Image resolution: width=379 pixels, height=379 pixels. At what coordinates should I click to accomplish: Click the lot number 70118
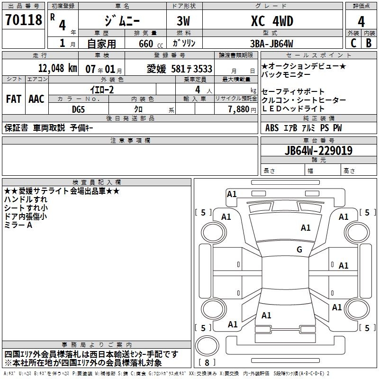(23, 20)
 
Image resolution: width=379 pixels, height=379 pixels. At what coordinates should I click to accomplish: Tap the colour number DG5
(79, 109)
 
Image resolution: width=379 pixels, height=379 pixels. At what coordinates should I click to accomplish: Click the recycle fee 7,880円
(242, 109)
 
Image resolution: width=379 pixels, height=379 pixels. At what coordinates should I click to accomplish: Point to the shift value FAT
(14, 99)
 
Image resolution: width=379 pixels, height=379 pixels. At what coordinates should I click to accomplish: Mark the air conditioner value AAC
(36, 99)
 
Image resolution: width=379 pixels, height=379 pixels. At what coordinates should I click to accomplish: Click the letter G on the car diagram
(299, 250)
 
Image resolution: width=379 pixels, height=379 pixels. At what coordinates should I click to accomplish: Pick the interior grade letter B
(368, 43)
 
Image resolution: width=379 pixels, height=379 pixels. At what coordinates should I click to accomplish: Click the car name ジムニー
(121, 21)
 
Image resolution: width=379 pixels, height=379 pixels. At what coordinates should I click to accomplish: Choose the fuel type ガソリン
(184, 43)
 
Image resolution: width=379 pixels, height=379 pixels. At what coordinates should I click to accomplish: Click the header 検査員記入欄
(97, 182)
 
